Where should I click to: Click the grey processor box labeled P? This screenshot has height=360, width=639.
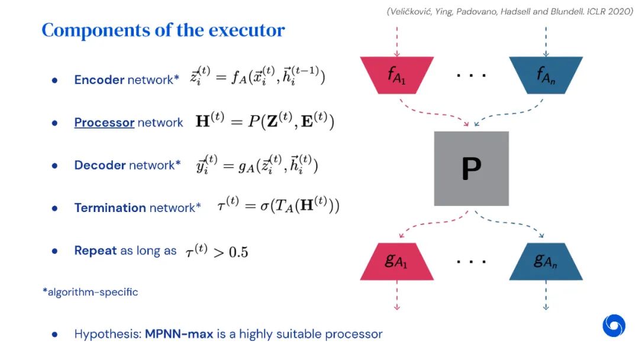(471, 168)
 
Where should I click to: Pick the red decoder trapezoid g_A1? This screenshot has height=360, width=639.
(396, 261)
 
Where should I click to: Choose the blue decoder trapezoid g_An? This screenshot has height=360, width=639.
(546, 261)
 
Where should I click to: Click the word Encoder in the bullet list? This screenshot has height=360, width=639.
(99, 80)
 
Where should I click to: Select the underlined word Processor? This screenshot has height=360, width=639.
(104, 123)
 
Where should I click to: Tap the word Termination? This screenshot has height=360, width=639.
(110, 208)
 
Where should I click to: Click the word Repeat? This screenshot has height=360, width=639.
(95, 250)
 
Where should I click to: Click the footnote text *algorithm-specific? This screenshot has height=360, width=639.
(90, 292)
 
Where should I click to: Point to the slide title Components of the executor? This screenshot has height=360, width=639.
(163, 30)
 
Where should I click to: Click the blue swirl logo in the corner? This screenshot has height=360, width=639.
(614, 326)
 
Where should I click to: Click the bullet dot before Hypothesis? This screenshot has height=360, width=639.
(54, 335)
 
